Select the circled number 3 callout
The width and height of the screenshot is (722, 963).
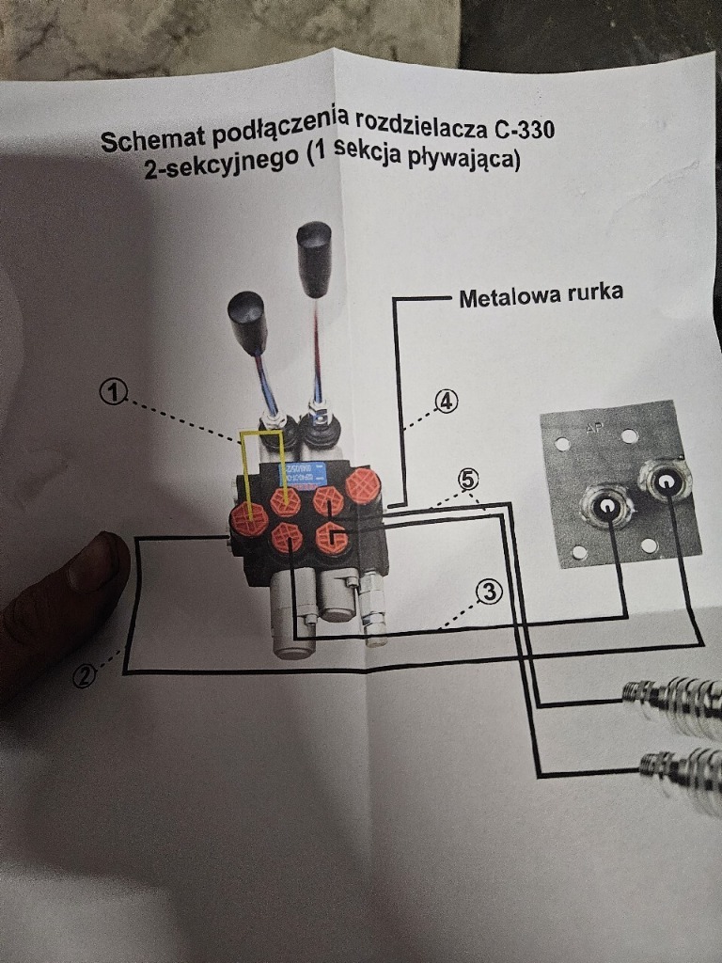(x=488, y=592)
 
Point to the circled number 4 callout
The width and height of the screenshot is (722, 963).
(x=445, y=402)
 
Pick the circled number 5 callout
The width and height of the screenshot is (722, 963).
(x=467, y=479)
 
